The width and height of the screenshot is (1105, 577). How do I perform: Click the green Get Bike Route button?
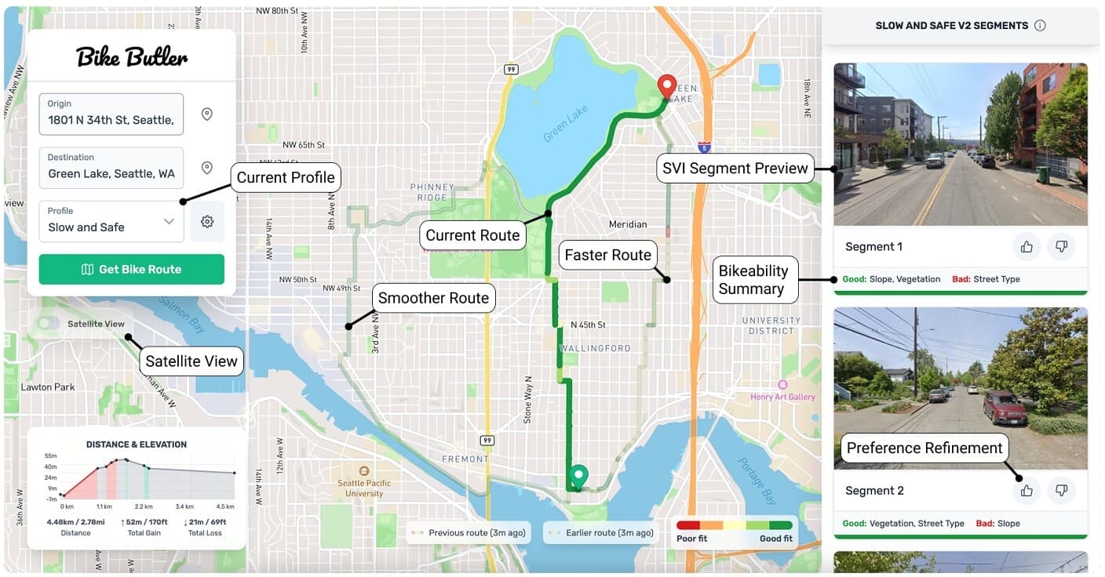(x=131, y=269)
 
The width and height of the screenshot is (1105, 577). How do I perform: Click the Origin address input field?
(x=111, y=114)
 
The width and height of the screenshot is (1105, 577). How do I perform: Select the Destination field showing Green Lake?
(x=111, y=168)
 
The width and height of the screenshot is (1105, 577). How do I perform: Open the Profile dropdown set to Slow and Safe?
(x=111, y=221)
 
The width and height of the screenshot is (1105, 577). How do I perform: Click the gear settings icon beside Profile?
(x=207, y=222)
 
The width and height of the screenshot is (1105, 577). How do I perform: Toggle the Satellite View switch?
(x=49, y=323)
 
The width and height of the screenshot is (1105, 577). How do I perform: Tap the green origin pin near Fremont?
(x=578, y=476)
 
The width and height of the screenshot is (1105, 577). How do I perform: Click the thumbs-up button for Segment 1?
(x=1027, y=247)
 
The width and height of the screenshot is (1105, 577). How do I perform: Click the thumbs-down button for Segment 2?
(x=1061, y=491)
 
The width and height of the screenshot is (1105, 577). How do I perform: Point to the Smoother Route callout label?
(x=433, y=298)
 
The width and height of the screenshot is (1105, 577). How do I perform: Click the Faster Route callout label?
(x=607, y=255)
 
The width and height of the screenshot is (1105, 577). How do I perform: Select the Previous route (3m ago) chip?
(x=469, y=533)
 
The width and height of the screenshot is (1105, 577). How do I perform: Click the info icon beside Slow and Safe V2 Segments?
(x=1040, y=25)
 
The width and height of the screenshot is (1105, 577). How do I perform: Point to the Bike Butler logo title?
(x=132, y=56)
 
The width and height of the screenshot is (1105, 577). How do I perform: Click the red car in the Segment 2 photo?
(x=1004, y=408)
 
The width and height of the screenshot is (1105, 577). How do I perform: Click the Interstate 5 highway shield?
(x=703, y=147)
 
